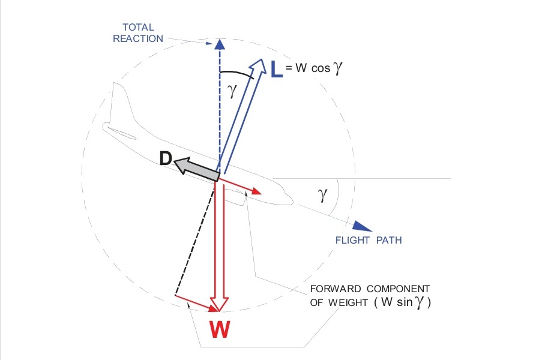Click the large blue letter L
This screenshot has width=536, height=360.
point(276,70)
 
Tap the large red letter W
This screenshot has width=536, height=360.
point(220,329)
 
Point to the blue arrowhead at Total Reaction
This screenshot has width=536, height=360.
point(220,44)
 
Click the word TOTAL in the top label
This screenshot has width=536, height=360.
point(139,28)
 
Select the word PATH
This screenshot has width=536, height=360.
point(389,241)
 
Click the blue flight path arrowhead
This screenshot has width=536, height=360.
point(361,226)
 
